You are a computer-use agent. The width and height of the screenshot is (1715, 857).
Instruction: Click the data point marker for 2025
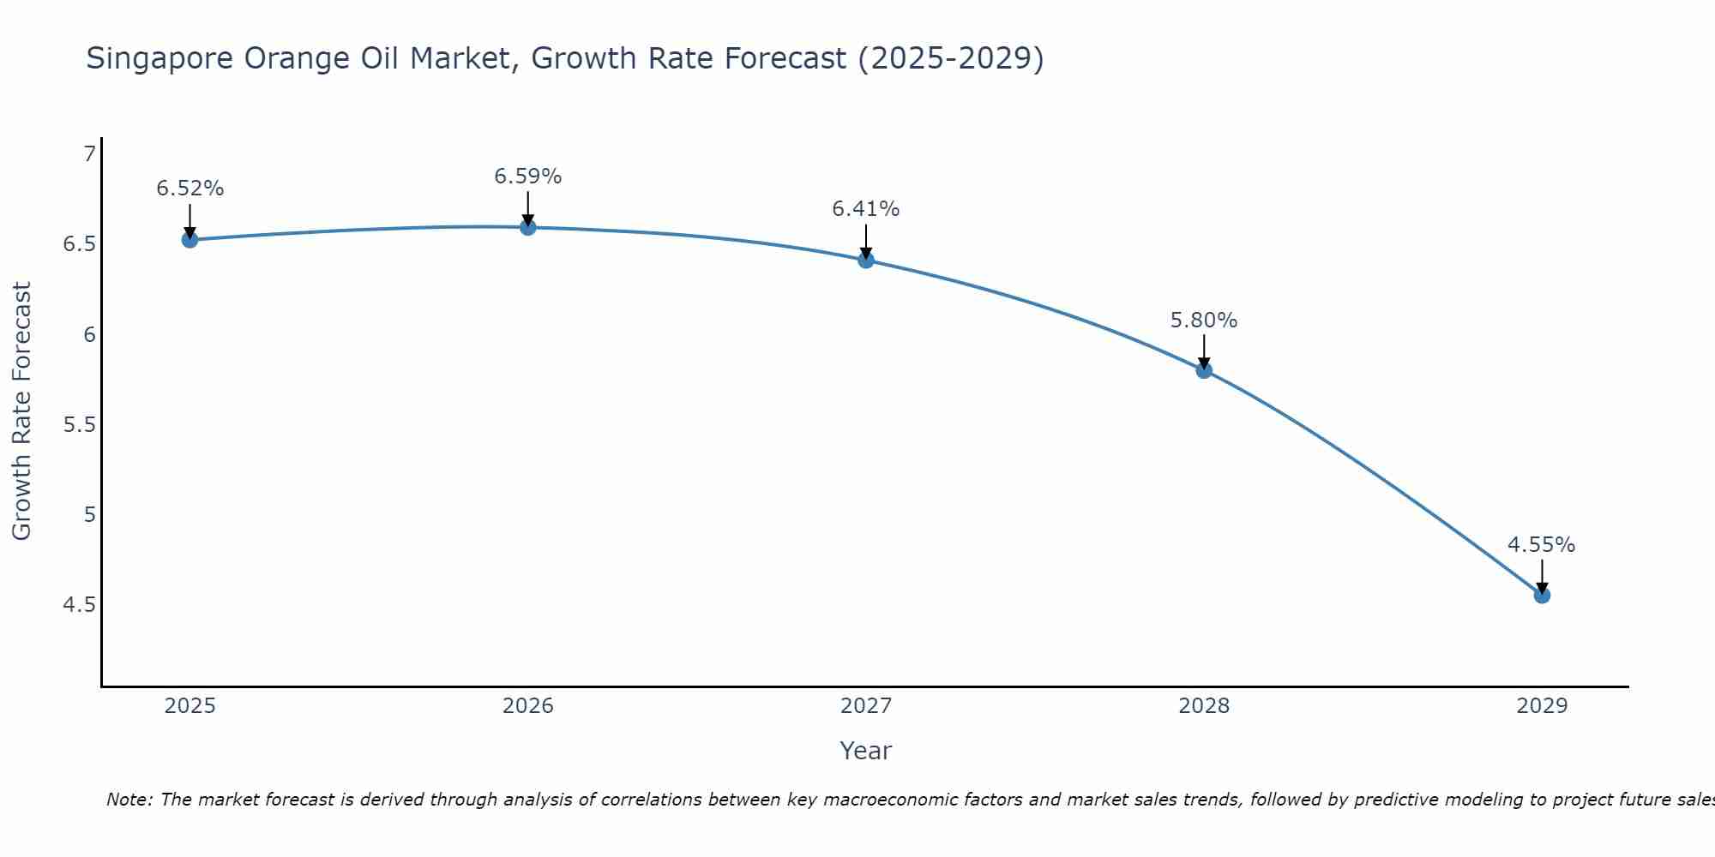pos(190,240)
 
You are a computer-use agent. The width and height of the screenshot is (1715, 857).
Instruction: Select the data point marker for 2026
pos(528,227)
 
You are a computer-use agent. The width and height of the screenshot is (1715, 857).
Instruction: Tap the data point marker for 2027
pos(866,260)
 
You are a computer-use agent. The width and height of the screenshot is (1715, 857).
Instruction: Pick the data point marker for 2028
pos(1204,370)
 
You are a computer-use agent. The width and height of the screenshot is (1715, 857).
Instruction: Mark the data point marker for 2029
pos(1542,595)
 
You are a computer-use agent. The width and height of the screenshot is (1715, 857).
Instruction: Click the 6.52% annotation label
pos(190,189)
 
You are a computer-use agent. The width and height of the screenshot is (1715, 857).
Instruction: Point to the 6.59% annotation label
pos(528,177)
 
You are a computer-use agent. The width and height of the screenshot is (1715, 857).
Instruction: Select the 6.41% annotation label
pos(866,209)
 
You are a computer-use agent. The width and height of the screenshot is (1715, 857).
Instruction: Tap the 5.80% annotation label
pos(1204,321)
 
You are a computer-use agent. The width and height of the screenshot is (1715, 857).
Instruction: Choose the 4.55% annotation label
pos(1542,545)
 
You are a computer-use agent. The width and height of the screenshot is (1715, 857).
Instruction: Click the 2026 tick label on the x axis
pos(528,706)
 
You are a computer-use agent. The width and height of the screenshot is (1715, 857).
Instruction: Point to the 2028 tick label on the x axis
pos(1204,706)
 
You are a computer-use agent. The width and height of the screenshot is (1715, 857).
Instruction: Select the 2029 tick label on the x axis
pos(1542,706)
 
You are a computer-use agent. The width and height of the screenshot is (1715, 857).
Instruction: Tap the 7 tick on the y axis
pos(88,154)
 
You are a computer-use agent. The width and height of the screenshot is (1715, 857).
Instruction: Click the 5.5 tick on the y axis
pos(79,425)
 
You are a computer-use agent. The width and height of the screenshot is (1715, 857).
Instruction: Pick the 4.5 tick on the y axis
pos(79,606)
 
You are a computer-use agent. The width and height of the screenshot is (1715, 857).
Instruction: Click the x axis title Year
pos(866,751)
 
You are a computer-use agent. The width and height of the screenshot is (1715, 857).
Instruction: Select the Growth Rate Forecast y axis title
pos(21,411)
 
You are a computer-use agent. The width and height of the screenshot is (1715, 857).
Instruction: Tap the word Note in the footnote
pos(129,800)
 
